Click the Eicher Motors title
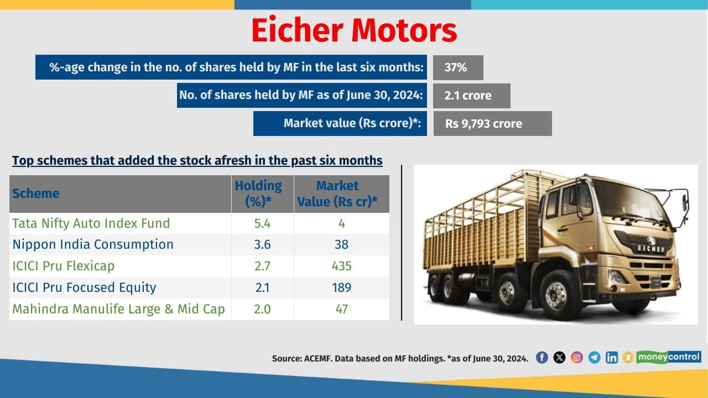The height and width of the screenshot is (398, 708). click(354, 30)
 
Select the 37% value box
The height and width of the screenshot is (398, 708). click(457, 67)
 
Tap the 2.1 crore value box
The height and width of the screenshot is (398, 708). click(471, 96)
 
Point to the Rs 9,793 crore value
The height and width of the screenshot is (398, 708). click(492, 124)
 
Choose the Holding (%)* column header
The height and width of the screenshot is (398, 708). click(262, 194)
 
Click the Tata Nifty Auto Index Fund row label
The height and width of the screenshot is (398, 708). click(91, 223)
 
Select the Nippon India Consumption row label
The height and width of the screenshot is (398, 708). click(92, 244)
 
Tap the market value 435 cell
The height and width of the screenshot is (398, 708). click(341, 266)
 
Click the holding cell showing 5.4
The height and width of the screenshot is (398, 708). click(262, 223)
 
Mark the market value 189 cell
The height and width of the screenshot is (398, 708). click(341, 287)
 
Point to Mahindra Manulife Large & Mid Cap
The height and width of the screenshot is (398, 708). click(118, 309)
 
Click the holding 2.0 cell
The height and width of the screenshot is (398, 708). click(262, 309)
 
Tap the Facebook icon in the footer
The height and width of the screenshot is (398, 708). click(542, 358)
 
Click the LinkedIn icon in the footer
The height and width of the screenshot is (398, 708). click(611, 358)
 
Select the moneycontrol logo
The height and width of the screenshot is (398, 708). click(668, 357)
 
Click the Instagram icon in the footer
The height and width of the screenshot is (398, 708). click(577, 358)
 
